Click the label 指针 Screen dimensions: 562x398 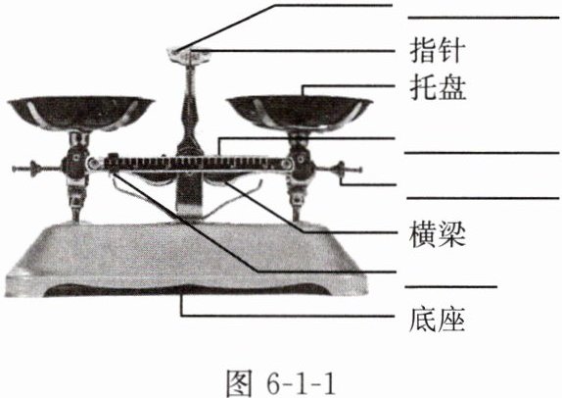coord(438,50)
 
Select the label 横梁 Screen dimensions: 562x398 coord(438,234)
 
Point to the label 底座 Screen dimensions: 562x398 coord(438,319)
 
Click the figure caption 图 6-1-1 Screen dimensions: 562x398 coord(282,383)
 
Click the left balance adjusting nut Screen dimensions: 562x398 coord(35,169)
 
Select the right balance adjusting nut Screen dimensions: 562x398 coord(340,169)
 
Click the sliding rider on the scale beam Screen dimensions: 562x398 coord(114,163)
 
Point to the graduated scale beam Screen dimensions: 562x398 coord(190,164)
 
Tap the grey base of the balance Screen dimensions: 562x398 coord(186,259)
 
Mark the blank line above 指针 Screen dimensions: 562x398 coord(484,18)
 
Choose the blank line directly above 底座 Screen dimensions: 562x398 coord(451,287)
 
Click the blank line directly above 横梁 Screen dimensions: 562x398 coord(483,198)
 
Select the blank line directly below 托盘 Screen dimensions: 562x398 coord(482,153)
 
